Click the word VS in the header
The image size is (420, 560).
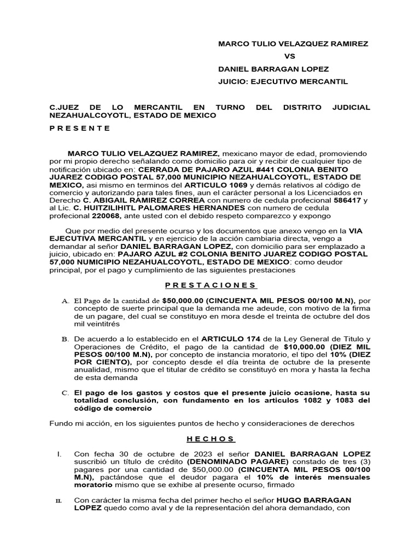[x=289, y=56]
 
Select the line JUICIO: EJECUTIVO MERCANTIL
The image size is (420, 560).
[x=283, y=82]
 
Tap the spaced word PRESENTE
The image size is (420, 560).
[x=80, y=128]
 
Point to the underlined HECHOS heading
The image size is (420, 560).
[x=211, y=439]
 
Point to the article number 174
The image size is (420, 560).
[x=242, y=339]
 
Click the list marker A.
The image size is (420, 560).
[x=65, y=301]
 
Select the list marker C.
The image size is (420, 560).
[x=65, y=393]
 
